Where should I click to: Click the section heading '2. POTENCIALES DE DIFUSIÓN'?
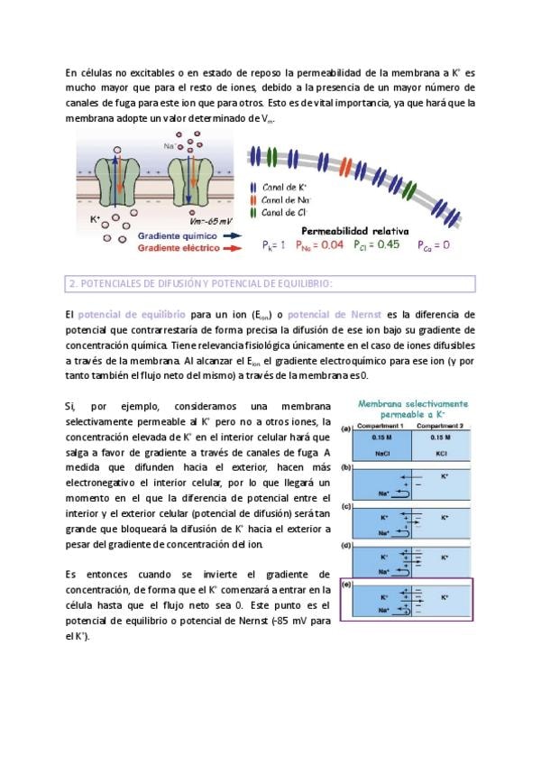coord(200,284)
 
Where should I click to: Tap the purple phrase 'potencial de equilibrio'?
coord(132,313)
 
